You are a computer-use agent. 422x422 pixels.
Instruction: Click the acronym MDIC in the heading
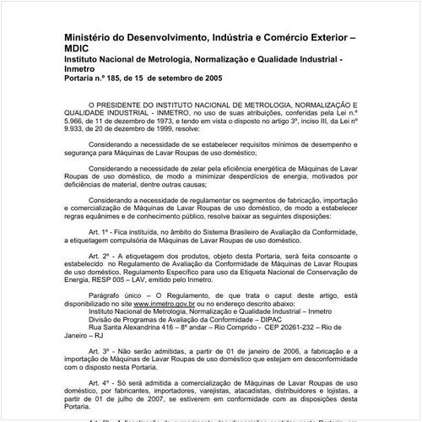[78, 49]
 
